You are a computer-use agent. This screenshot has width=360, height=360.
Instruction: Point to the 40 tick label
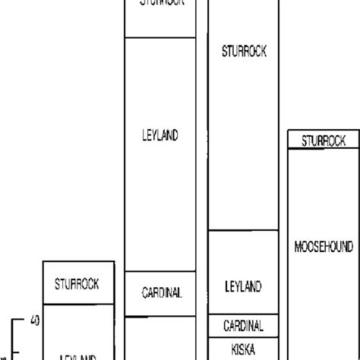coord(33,320)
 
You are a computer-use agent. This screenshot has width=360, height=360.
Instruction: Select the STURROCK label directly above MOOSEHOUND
coord(323,141)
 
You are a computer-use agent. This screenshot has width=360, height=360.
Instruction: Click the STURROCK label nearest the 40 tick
coord(77,285)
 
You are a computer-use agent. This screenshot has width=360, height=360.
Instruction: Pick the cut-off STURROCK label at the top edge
coord(159,3)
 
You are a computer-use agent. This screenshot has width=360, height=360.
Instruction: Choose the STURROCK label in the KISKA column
coord(243,52)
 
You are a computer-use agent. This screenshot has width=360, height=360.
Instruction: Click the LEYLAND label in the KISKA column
coord(243,286)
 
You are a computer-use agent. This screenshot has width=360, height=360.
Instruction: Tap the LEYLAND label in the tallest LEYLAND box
coord(159,135)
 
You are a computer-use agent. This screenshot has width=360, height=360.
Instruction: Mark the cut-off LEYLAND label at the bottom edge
coord(77,355)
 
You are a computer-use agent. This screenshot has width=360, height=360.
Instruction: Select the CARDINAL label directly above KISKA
coord(243,326)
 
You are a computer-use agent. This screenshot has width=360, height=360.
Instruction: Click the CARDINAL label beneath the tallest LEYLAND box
coord(159,292)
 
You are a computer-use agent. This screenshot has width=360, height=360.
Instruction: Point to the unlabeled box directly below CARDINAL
coord(159,338)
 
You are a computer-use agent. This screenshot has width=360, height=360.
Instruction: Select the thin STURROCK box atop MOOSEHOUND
coord(323,141)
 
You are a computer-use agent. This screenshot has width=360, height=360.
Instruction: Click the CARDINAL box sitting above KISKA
coord(243,326)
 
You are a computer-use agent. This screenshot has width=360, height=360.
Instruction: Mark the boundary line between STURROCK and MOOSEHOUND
coord(323,149)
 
